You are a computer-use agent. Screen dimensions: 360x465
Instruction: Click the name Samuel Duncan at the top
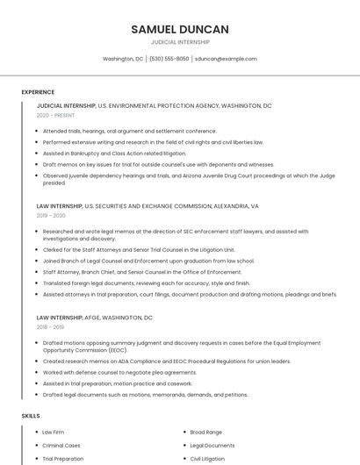click(180, 29)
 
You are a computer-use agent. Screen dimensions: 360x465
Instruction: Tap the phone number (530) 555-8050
click(169, 59)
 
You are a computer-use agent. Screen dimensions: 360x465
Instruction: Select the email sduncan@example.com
click(226, 59)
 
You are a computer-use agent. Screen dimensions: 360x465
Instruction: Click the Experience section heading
click(38, 92)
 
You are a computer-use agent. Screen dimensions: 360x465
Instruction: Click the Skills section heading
click(31, 416)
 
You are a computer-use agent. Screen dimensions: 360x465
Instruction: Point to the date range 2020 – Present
click(55, 115)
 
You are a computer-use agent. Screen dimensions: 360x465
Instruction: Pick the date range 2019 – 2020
click(51, 215)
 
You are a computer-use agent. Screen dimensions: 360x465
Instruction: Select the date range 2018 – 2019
click(50, 326)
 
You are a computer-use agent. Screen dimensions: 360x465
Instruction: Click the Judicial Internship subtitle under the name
click(180, 41)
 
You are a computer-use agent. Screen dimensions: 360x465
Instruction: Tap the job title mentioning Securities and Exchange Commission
click(148, 206)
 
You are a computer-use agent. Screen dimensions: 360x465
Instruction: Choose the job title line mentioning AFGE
click(95, 318)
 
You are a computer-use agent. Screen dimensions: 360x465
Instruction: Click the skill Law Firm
click(53, 433)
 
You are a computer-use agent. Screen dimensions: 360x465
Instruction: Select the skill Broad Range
click(205, 433)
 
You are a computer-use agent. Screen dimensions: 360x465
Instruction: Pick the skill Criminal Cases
click(61, 446)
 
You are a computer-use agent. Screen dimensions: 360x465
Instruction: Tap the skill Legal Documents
click(212, 446)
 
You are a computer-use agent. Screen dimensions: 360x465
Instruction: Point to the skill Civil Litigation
click(207, 459)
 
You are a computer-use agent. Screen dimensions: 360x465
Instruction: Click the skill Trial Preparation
click(62, 459)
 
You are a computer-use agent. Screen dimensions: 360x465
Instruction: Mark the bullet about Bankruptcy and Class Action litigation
click(114, 153)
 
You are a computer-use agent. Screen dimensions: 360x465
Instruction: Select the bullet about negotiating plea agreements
click(119, 372)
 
